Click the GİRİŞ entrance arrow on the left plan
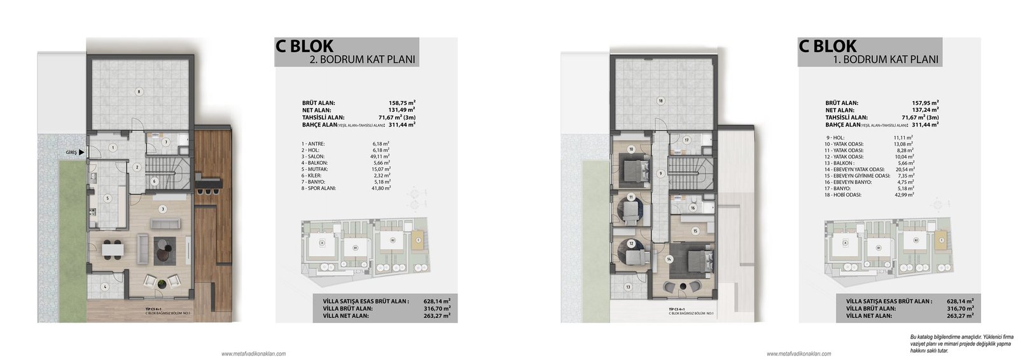tap(81, 153)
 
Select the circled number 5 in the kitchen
tap(108, 198)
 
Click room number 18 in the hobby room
tap(661, 100)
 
